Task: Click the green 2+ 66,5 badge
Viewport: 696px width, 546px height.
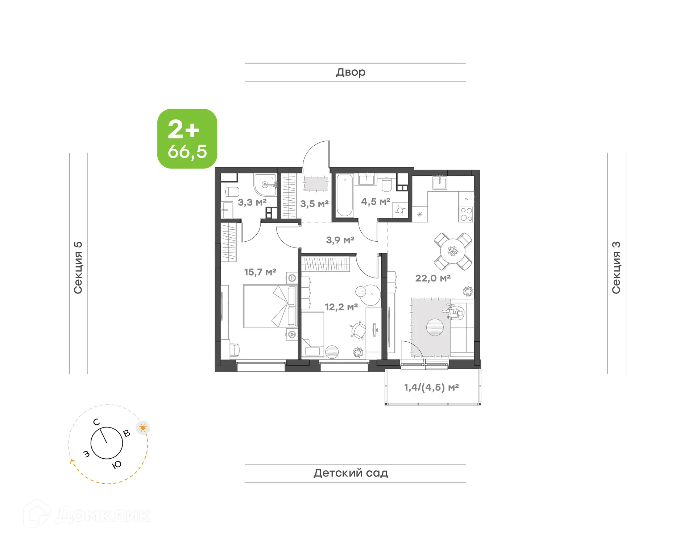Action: [187, 139]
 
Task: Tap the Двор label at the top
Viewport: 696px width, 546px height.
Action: [351, 72]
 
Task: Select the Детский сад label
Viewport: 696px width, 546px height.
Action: [351, 473]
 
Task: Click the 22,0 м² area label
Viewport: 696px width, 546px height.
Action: [433, 278]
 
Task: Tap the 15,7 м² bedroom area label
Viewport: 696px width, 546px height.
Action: [260, 272]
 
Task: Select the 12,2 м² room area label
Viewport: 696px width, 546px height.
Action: [341, 307]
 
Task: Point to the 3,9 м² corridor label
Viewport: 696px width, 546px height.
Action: [340, 240]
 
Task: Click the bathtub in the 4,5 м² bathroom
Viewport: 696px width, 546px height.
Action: [345, 196]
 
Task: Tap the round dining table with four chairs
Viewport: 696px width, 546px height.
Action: [453, 251]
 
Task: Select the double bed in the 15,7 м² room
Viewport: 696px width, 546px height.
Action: [270, 306]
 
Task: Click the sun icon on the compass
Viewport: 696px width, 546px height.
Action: [143, 428]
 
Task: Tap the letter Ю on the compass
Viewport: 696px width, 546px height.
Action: [117, 465]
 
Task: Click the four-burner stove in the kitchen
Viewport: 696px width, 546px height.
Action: [466, 214]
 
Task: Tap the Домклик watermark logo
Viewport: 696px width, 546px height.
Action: [87, 514]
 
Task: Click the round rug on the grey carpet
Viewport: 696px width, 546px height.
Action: [435, 327]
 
